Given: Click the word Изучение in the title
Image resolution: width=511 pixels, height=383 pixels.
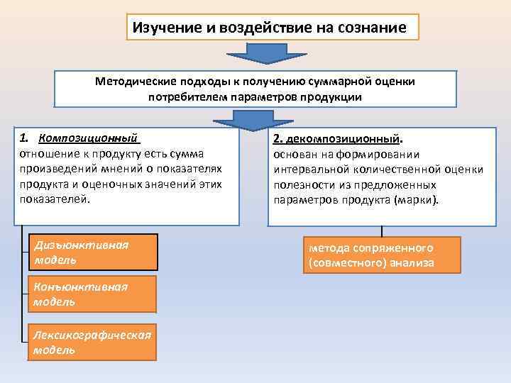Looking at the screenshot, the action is [x=165, y=28].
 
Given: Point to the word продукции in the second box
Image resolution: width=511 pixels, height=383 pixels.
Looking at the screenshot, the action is [x=329, y=96].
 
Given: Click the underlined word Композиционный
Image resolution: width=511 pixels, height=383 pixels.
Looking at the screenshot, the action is [x=88, y=137].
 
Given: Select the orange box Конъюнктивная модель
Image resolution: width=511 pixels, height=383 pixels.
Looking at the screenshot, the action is [x=92, y=294].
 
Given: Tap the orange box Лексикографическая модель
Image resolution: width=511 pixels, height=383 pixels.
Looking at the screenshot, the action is [x=92, y=343].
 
